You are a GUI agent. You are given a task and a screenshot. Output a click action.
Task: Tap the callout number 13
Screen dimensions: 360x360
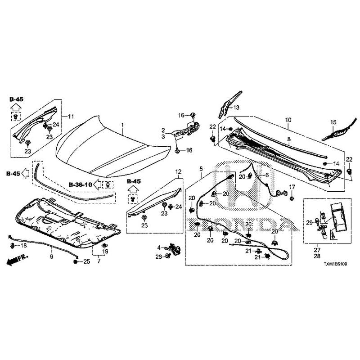point(236,107)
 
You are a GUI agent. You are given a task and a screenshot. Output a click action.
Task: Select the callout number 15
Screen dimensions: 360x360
point(333,122)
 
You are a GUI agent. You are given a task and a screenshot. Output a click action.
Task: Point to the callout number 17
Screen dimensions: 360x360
point(292,187)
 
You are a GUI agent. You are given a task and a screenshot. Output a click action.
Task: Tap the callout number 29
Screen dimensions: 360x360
point(309,223)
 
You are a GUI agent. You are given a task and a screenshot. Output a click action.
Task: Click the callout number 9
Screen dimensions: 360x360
point(51,256)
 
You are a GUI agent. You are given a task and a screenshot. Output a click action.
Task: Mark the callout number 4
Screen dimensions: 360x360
point(159,247)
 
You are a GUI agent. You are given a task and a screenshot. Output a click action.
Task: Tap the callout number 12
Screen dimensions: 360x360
point(178,171)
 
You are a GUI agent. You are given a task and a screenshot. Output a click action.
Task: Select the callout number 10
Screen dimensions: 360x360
point(288,121)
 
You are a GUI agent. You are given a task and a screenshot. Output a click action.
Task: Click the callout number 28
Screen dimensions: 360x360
point(317,256)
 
